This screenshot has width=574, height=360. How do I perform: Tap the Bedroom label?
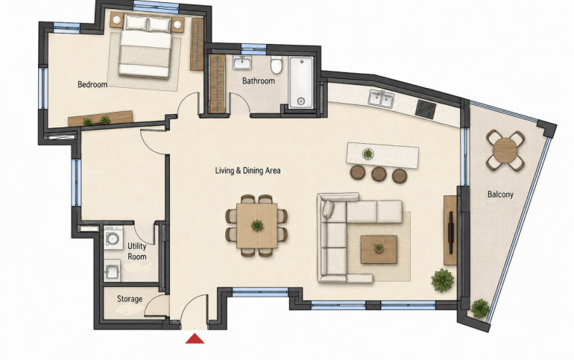coord(92,84)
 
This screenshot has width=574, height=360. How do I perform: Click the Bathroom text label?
coord(259,80)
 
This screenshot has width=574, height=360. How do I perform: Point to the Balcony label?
coord(500,195)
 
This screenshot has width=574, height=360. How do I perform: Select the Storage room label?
coord(130,299)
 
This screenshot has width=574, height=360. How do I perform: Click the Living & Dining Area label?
coord(247,170)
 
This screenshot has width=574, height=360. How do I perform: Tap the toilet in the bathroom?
coord(276,65)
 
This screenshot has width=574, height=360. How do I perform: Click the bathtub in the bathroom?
coord(301,82)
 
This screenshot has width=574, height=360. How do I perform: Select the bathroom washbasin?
coord(242,63)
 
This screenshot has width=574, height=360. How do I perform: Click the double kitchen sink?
coord(382,98)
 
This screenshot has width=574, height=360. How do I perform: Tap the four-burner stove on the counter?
coord(426,108)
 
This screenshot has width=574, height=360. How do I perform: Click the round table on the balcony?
coord(505,151)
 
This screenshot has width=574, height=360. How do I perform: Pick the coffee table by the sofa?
coord(379,250)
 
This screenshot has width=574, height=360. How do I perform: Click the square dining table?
coord(257,225)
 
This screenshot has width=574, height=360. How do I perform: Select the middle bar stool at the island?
coord(379,174)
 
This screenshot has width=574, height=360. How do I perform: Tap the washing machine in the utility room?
coord(113,238)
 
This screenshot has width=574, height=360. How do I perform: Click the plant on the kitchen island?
coord(368,154)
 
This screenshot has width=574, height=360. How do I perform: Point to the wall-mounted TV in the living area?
coord(451,233)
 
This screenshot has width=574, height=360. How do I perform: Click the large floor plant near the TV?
coord(443,280)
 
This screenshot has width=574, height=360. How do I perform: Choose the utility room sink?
coord(112,271)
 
